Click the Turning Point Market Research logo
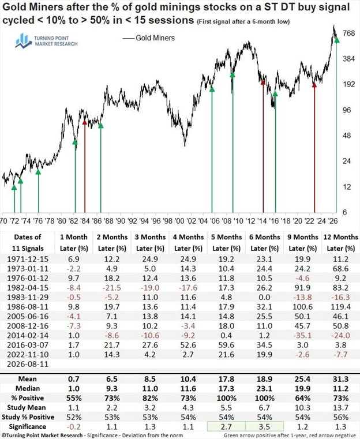point(46,41)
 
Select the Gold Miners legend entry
point(149,38)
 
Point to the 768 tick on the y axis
point(348,33)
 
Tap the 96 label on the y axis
point(347,110)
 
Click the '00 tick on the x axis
point(179,221)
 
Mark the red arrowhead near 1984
point(85,122)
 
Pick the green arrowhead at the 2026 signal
point(337,40)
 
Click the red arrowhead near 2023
point(314,85)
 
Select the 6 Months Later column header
point(265,242)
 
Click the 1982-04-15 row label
point(28,288)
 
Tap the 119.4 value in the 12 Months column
point(341,307)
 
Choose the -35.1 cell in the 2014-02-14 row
point(303,335)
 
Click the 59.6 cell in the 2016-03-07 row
point(227,345)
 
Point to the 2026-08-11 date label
point(28,364)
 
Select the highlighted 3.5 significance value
point(265,427)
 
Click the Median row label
point(28,389)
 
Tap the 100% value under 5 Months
point(227,398)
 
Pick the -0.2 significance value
point(74,427)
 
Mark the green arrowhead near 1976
point(38,172)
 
